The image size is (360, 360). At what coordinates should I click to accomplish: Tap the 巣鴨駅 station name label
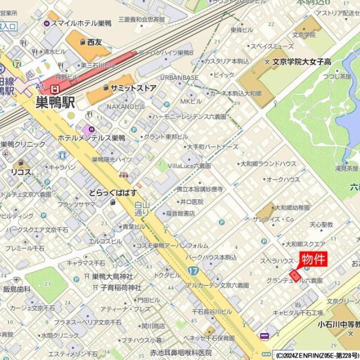point(55,101)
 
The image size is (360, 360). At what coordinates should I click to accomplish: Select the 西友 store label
point(94,42)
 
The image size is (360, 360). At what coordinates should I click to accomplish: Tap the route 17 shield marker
point(192,271)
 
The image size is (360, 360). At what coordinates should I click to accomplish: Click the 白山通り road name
point(142,208)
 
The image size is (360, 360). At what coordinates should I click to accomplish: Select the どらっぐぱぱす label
point(112,193)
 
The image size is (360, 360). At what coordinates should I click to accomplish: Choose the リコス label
point(20,172)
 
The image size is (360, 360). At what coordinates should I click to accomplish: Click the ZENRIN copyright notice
point(316,355)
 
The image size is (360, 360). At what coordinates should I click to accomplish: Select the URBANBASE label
point(179,77)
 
